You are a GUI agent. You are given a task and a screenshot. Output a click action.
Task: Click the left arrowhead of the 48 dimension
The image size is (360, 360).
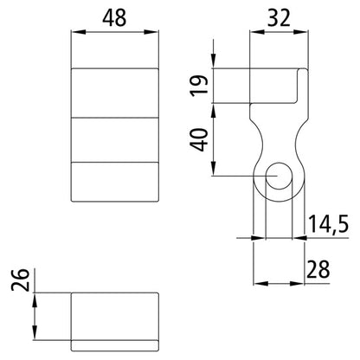(x=75, y=32)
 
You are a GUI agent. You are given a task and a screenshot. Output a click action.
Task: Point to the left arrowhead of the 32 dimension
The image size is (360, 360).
(x=254, y=32)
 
